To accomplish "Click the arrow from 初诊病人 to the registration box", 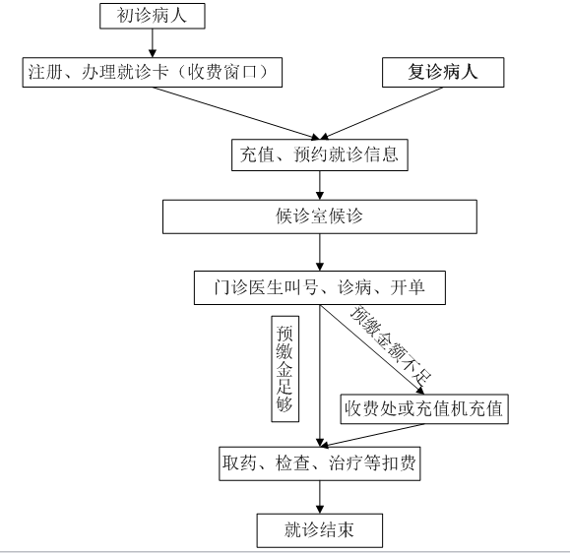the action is (x=153, y=43).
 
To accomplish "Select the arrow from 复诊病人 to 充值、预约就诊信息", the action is (x=381, y=113).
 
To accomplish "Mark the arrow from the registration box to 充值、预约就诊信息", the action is (x=236, y=113).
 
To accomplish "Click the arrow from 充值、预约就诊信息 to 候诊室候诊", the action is (x=320, y=185).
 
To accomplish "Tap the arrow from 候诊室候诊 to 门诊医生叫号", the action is (x=320, y=252).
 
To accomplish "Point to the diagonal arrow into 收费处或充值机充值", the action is (x=372, y=349).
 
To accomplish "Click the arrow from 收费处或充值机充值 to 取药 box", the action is (x=372, y=435).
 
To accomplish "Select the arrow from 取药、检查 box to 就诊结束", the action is (x=320, y=497).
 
